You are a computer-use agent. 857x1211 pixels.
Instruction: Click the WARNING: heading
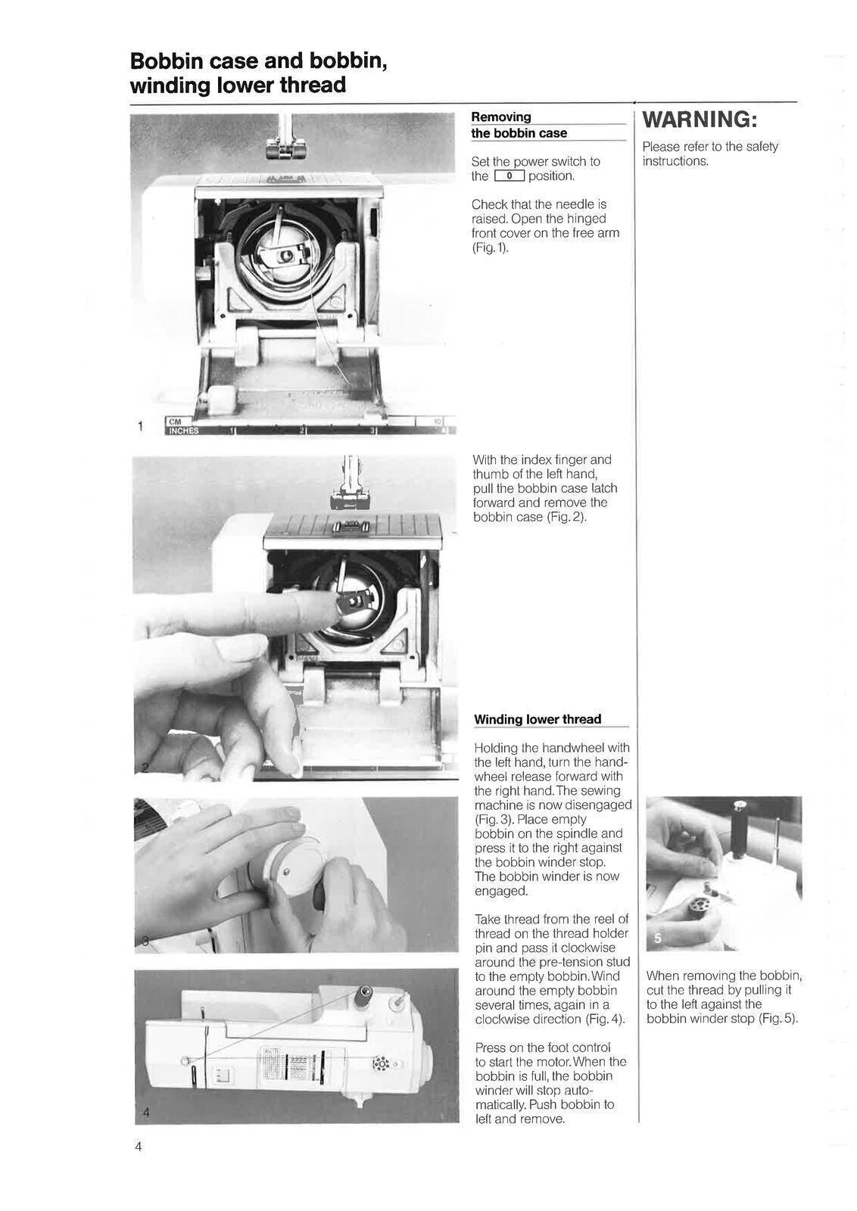(x=699, y=120)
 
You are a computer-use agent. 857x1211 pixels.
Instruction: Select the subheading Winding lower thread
(x=537, y=719)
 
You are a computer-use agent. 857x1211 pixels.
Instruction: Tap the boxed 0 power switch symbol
(x=509, y=176)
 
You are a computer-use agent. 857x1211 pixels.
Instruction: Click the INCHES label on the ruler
(x=182, y=431)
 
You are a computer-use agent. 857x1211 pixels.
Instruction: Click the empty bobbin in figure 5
(x=697, y=907)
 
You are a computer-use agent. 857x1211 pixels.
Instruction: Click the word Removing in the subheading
(x=500, y=117)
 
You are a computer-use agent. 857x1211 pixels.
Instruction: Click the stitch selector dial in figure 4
(x=381, y=1064)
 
